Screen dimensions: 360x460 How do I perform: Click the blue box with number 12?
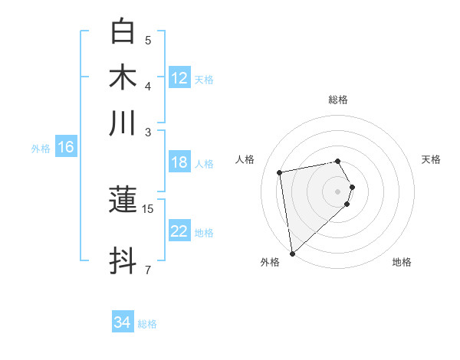[179, 78]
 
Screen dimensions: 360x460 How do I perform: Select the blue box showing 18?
[179, 162]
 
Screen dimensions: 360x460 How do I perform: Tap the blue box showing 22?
[179, 231]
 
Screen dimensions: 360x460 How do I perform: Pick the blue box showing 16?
[66, 148]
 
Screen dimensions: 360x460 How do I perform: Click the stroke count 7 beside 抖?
[148, 270]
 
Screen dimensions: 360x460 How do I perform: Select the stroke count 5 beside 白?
[148, 40]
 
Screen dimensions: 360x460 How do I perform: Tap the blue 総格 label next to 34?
[147, 324]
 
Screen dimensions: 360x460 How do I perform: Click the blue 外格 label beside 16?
[40, 149]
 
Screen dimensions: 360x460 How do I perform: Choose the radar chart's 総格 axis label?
[338, 100]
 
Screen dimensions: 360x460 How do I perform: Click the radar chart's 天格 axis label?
[431, 159]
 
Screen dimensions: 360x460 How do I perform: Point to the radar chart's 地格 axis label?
[402, 262]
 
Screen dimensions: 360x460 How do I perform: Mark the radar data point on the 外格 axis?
[292, 254]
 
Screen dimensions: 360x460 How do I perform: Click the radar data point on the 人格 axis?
[280, 172]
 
